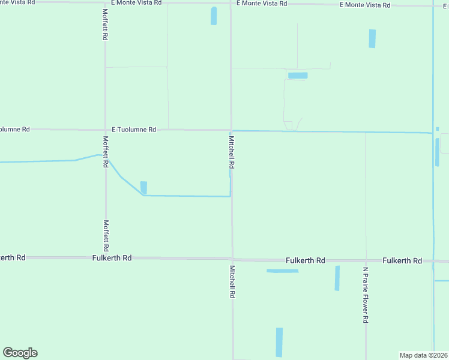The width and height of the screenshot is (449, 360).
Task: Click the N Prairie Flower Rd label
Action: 365,295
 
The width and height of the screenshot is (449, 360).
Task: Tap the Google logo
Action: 20,353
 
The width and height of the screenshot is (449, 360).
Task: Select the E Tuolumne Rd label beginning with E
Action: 134,130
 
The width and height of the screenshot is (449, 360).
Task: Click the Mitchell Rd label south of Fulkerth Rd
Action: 232,282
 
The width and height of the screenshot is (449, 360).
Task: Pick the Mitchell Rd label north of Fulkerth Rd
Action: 231,151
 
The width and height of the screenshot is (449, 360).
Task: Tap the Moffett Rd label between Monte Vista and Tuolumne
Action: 105,25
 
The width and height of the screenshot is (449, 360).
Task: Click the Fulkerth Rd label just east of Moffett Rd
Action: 112,258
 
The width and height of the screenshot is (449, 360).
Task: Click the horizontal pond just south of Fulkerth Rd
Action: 282,271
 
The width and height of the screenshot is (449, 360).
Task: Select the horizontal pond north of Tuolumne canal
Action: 298,76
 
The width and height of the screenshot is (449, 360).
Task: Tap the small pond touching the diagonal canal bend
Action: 143,187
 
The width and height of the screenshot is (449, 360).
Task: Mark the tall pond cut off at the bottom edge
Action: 279,342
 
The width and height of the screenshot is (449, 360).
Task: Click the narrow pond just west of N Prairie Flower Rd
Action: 337,278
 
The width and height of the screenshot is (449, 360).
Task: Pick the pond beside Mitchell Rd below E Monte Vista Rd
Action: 214,16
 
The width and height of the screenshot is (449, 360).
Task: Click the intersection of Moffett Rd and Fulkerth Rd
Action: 106,258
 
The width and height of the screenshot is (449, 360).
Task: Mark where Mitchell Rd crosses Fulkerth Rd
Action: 232,259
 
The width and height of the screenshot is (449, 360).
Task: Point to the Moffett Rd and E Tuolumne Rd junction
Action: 106,130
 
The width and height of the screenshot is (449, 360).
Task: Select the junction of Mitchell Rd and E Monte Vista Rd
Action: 231,4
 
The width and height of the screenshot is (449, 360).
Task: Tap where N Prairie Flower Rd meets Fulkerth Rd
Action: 366,262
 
